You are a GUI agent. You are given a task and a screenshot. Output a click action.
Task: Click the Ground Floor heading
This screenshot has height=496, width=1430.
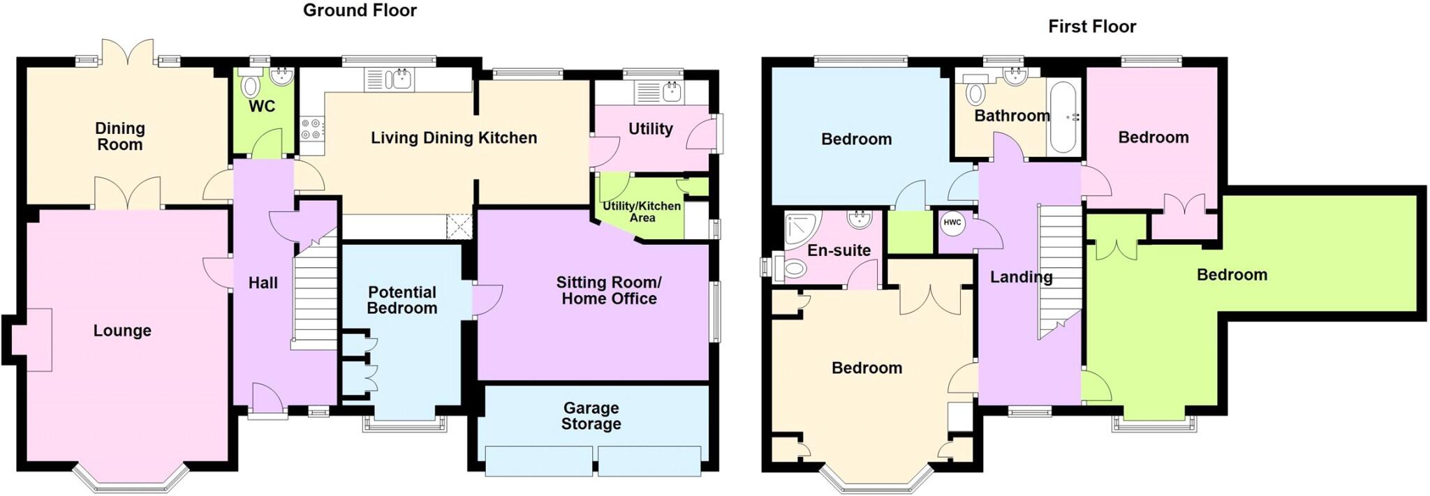(x=360, y=10)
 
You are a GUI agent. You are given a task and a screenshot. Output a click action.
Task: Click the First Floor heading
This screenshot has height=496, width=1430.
(x=1091, y=27)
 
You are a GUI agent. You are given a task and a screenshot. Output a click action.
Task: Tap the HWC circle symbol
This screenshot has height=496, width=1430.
(x=952, y=223)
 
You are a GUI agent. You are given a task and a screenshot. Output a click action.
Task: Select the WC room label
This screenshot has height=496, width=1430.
(x=262, y=106)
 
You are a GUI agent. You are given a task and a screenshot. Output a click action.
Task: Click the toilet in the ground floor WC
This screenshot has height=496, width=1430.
(x=250, y=86)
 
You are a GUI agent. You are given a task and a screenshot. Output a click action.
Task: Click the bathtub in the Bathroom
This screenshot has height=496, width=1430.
(x=1063, y=116)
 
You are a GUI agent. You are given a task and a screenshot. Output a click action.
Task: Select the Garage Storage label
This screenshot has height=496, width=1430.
(x=591, y=416)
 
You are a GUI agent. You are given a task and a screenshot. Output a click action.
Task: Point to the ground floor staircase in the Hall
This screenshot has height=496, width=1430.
(x=315, y=293)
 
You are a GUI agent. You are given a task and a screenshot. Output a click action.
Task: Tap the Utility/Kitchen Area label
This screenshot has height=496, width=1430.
(x=641, y=211)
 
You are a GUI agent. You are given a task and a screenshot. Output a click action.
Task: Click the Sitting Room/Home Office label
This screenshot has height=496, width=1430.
(x=608, y=290)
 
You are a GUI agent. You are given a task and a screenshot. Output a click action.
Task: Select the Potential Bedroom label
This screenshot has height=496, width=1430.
(x=401, y=300)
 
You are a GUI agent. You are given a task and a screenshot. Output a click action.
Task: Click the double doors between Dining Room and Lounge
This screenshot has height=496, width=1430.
(x=128, y=193)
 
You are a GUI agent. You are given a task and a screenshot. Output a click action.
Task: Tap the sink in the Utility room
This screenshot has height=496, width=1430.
(x=671, y=91)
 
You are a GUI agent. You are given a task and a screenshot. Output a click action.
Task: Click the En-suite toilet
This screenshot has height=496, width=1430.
(x=795, y=268)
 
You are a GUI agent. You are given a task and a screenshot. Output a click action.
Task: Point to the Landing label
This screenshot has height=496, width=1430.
(x=1021, y=277)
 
